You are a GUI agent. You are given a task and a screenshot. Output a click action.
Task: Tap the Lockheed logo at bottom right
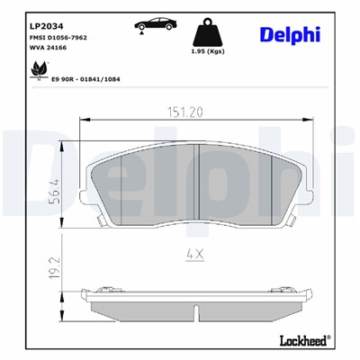[x=302, y=339]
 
